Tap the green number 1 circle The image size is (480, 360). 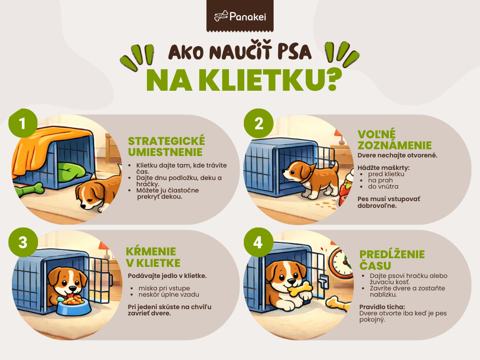(22, 123)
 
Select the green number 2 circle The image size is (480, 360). (259, 123)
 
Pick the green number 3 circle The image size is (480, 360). (22, 243)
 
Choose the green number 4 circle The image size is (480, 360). (259, 243)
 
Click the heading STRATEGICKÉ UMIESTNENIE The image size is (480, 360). (166, 146)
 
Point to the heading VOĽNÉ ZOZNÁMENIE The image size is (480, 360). (395, 139)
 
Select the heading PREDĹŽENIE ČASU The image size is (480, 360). (384, 260)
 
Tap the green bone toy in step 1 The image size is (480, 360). (29, 190)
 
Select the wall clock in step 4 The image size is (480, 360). (343, 264)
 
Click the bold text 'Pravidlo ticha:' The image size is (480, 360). (382, 306)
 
